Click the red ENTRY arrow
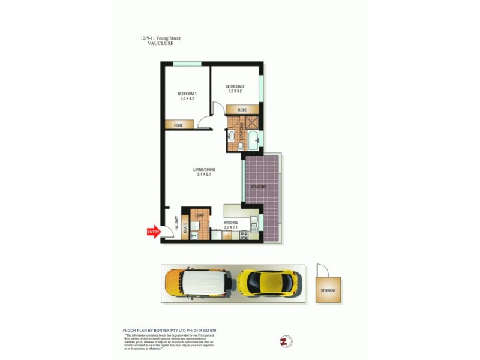point(153,232)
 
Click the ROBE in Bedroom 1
point(179,125)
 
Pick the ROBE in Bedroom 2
point(242,110)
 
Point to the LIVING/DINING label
point(204,172)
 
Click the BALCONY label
point(259,187)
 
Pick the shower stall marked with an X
point(252,122)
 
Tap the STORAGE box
point(328,290)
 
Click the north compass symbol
point(285,342)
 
